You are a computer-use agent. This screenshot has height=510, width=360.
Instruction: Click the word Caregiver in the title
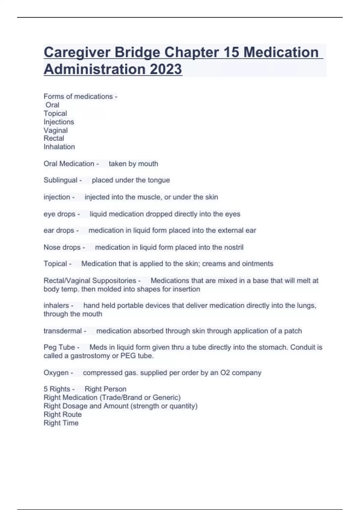[x=76, y=52]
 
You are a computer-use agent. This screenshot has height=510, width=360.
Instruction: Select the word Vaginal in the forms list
[x=55, y=130]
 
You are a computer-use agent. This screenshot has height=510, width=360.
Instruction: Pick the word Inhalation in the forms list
[x=59, y=147]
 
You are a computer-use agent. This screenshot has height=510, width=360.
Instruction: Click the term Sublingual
[x=60, y=180]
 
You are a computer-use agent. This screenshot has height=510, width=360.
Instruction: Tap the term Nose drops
[x=62, y=247]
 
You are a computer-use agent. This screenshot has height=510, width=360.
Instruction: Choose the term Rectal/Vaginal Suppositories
[x=90, y=280]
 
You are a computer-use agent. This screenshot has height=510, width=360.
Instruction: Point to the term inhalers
[x=56, y=305]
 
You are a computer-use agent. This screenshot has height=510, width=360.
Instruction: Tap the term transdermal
[x=62, y=331]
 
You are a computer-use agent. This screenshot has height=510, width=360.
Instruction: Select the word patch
[x=293, y=331]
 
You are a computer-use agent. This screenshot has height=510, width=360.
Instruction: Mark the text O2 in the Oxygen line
[x=225, y=373]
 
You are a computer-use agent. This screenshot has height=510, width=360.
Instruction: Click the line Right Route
[x=62, y=414]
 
